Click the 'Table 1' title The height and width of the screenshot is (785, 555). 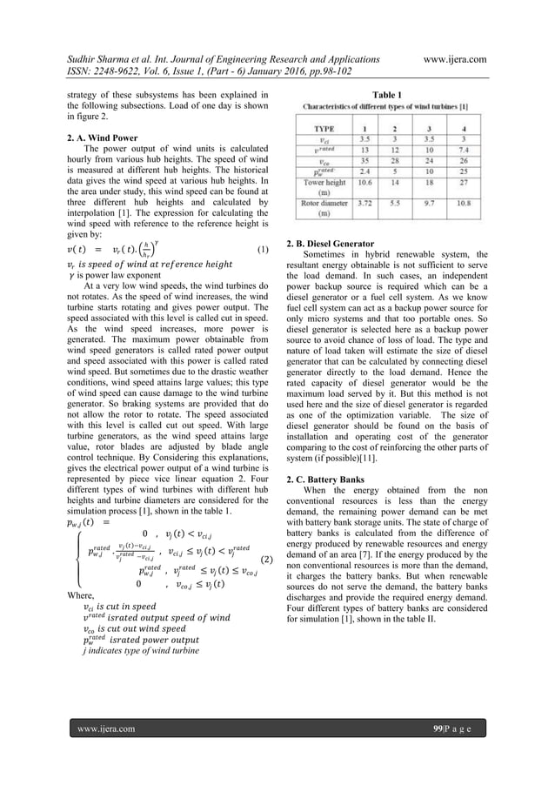click(x=386, y=93)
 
